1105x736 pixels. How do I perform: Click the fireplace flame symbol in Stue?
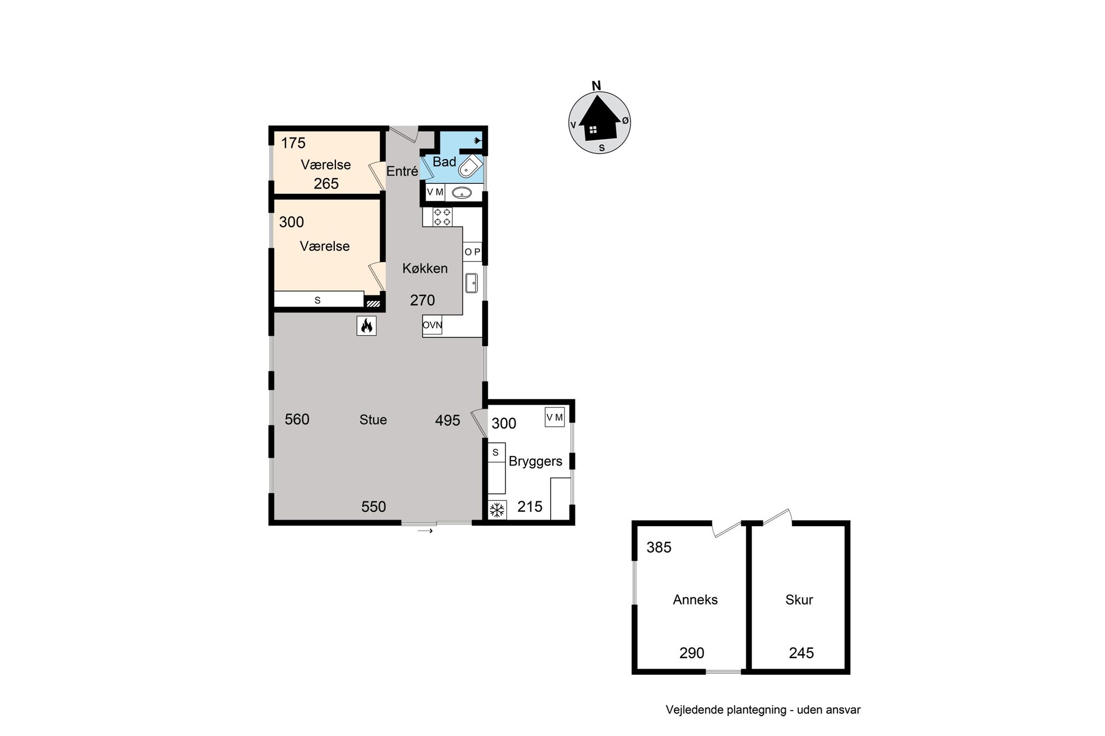(366, 326)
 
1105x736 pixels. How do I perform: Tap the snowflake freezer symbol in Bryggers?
(497, 510)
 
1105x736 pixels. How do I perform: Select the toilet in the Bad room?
(471, 165)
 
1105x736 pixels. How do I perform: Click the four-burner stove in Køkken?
(442, 216)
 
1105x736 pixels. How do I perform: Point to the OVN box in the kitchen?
(432, 325)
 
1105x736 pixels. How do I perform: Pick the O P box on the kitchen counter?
(472, 252)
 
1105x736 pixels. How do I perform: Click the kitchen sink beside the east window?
(471, 283)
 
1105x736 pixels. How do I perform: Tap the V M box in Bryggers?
(555, 417)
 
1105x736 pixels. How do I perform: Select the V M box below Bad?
(435, 192)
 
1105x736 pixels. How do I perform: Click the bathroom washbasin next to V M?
(462, 193)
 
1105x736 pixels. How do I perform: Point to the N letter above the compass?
(596, 86)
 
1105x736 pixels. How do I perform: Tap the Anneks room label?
(695, 600)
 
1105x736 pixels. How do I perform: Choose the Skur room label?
(799, 600)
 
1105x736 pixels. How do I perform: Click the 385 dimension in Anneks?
(659, 547)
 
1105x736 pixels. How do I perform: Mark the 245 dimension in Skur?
(801, 653)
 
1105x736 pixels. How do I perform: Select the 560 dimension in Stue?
(297, 420)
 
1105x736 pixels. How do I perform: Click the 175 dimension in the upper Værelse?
(293, 143)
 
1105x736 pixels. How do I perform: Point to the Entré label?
(402, 171)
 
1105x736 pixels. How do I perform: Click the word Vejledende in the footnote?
(694, 710)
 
